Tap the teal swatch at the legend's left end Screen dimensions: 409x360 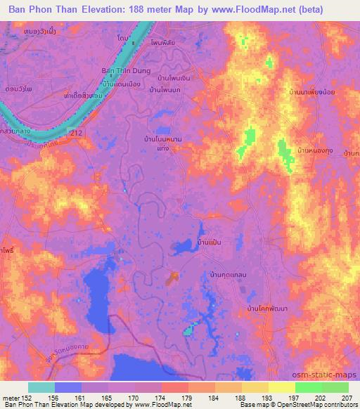[x=41, y=387]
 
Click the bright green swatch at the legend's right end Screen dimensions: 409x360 [x=335, y=387]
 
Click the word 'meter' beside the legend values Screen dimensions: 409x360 [x=10, y=398]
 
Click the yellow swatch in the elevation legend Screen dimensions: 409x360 [x=281, y=387]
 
